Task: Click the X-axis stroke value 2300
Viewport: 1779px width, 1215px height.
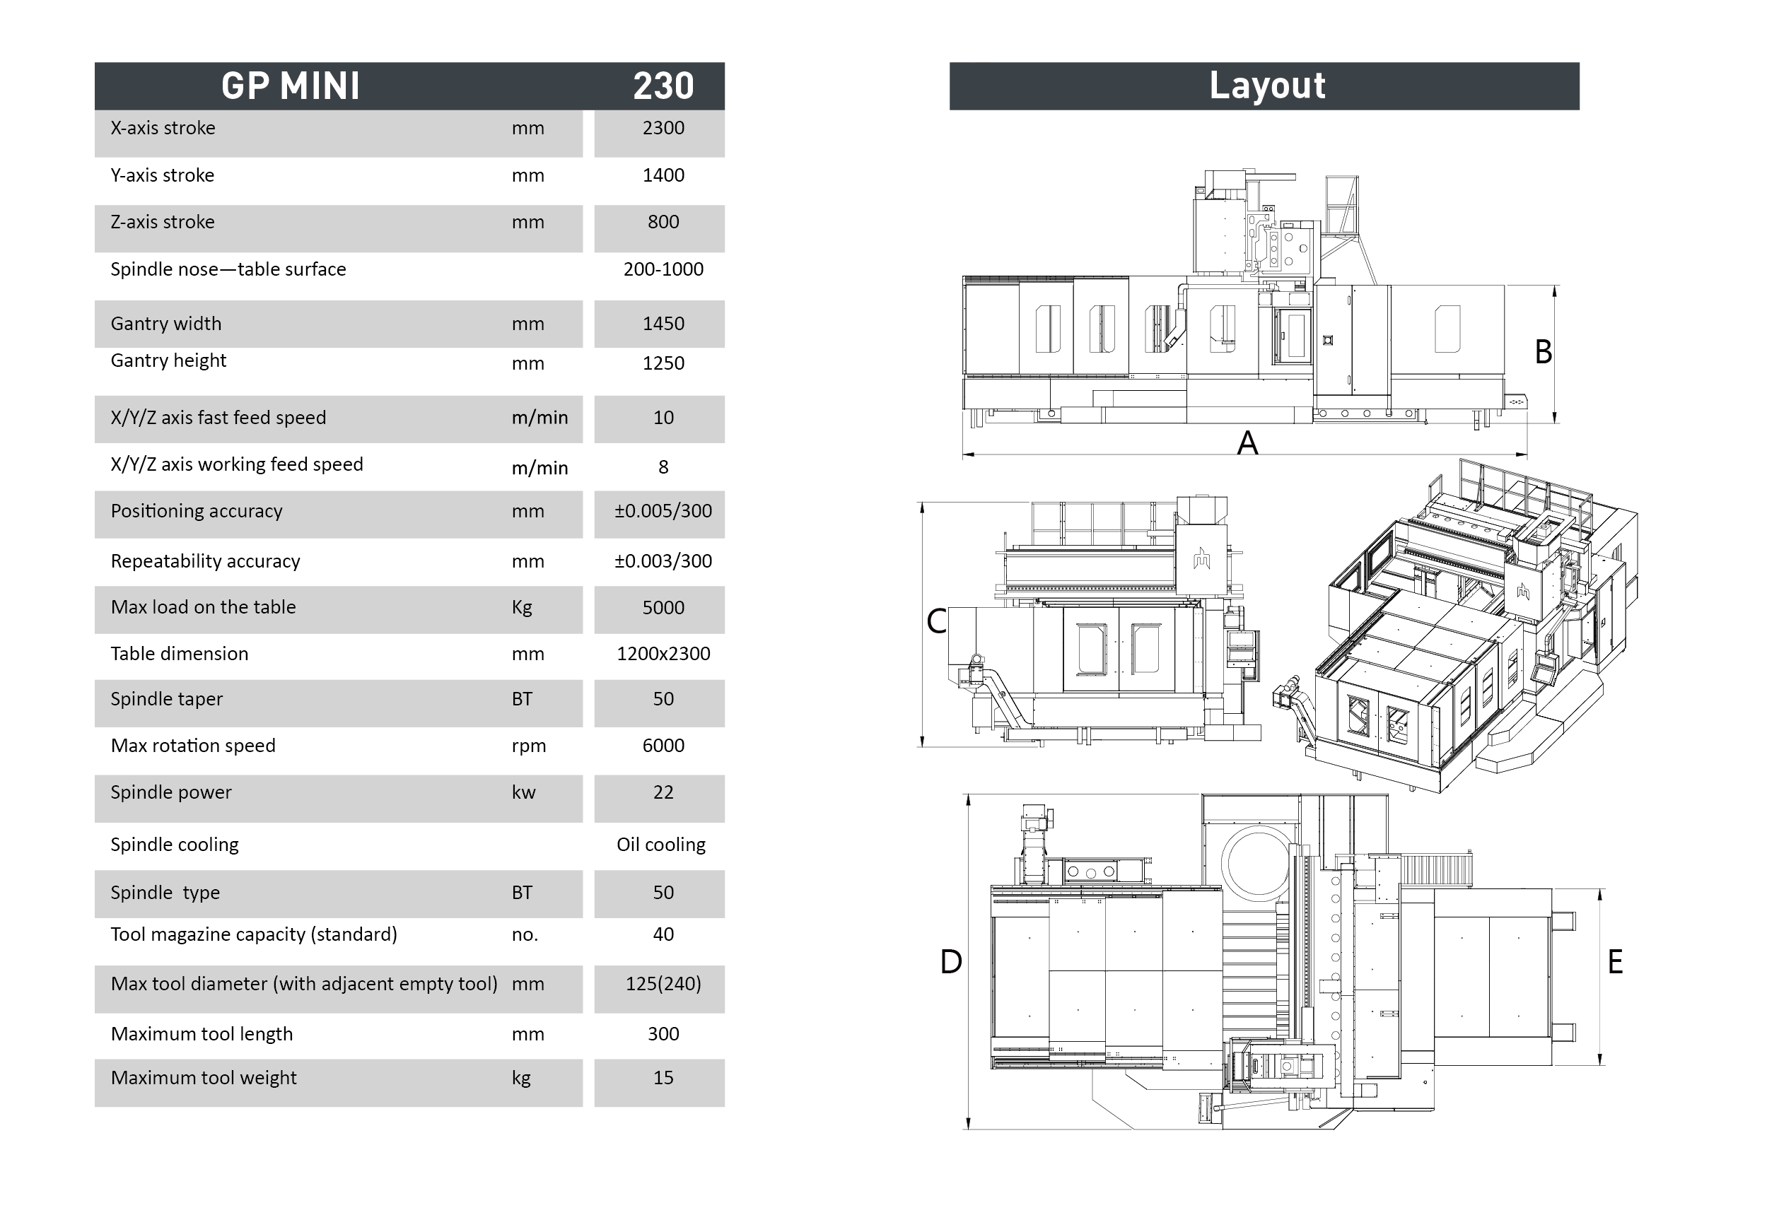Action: pos(663,128)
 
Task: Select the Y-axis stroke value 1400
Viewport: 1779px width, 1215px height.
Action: pos(663,175)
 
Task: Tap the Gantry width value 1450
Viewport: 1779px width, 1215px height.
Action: pos(663,324)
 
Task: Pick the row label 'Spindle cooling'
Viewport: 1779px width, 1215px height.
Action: pos(175,845)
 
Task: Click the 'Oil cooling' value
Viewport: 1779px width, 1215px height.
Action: pos(660,845)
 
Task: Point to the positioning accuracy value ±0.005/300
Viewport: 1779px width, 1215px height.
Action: pos(663,511)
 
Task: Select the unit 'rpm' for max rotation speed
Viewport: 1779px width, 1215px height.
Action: pos(529,746)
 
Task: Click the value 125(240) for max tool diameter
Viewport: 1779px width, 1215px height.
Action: pos(663,984)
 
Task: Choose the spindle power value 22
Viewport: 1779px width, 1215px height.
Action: pos(663,792)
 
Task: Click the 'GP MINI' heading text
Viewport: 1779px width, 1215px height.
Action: pos(291,86)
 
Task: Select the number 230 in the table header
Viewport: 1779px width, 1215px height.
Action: pos(663,86)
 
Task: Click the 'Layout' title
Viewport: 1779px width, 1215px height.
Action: pos(1267,86)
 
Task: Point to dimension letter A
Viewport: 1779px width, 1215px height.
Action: pos(1248,443)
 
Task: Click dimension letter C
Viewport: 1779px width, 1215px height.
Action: pos(936,622)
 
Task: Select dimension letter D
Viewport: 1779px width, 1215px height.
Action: pos(951,963)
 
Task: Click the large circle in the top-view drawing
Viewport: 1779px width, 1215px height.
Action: pos(1258,863)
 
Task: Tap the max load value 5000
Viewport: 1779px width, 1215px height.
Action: pos(663,609)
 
